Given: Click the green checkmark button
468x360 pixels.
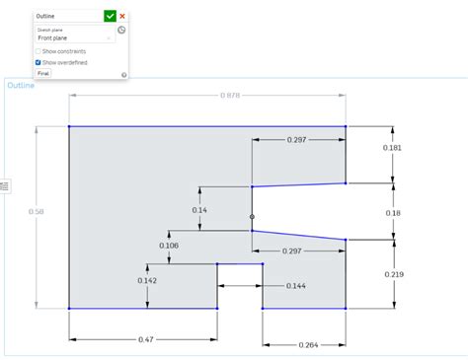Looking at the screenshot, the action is pyautogui.click(x=110, y=16).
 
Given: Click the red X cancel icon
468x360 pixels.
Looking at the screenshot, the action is pyautogui.click(x=122, y=16).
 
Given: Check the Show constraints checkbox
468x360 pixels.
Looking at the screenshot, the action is pyautogui.click(x=39, y=50).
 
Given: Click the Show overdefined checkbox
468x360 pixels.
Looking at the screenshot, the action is pyautogui.click(x=39, y=62).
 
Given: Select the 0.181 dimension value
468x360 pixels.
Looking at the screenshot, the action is pyautogui.click(x=393, y=148).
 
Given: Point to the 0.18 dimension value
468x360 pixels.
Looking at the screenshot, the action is pyautogui.click(x=393, y=213).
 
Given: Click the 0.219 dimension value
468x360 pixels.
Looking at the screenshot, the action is pyautogui.click(x=393, y=273).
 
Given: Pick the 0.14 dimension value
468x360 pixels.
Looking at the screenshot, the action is pyautogui.click(x=199, y=210).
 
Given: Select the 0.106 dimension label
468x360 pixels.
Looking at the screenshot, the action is pyautogui.click(x=169, y=246).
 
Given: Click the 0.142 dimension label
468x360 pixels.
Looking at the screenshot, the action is pyautogui.click(x=147, y=281).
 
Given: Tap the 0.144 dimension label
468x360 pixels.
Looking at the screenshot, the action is pyautogui.click(x=295, y=285).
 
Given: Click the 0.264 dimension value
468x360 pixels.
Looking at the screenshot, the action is pyautogui.click(x=308, y=344).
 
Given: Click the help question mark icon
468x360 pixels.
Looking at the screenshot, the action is pyautogui.click(x=123, y=74).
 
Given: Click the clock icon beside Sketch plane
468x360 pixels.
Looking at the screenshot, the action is pyautogui.click(x=121, y=31).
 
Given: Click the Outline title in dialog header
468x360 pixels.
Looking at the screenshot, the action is pyautogui.click(x=45, y=16).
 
